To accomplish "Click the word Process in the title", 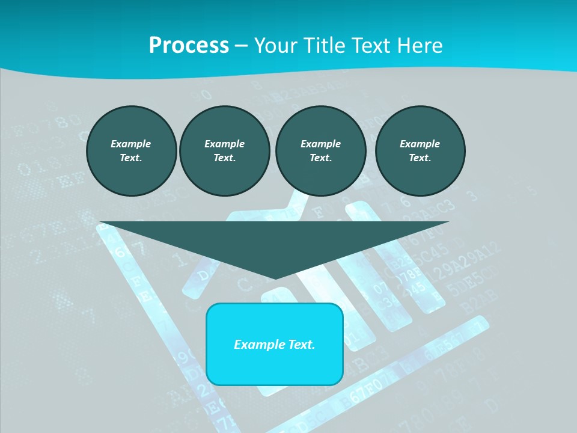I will point(189,45).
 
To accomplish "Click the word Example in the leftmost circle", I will point(131,144).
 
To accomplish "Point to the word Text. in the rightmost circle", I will point(420,158).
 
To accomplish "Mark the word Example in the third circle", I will point(320,144).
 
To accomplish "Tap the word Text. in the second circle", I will point(224,158).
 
